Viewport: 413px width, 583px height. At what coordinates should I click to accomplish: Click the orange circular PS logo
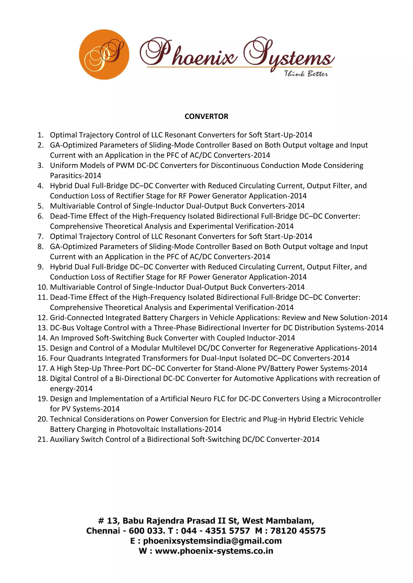point(104,54)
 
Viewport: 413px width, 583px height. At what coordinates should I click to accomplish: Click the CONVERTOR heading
point(206,116)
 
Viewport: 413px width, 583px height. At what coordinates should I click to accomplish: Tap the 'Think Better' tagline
point(306,74)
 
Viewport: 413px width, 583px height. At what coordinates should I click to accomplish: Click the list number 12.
point(42,318)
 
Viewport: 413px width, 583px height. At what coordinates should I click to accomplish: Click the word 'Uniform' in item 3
point(64,165)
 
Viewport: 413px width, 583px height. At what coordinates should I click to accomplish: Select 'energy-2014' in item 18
point(71,389)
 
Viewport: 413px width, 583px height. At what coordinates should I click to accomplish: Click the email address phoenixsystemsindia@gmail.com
point(212,541)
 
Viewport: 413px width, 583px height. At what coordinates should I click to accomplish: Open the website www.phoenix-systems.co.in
point(214,551)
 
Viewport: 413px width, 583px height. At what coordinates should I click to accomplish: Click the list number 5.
point(41,206)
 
